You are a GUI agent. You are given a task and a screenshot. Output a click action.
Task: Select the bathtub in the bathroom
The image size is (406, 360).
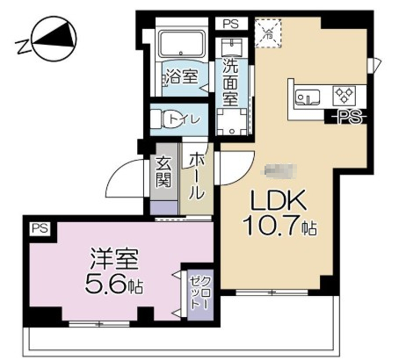coord(182,46)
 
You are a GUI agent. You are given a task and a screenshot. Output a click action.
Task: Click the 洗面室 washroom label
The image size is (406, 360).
coord(230,83)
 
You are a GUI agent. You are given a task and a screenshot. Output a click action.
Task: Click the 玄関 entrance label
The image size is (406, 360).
coord(163,172)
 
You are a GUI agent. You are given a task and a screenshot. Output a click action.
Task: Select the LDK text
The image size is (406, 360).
coord(275,201)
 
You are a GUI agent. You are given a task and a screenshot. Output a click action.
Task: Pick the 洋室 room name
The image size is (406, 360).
coord(112,261)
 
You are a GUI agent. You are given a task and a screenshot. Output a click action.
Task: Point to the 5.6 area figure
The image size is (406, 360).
coord(108,285)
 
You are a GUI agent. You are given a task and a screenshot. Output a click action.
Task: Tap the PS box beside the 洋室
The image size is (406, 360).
coord(40,229)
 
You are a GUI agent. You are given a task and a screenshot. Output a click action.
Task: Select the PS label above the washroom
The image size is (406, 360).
coord(229,25)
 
